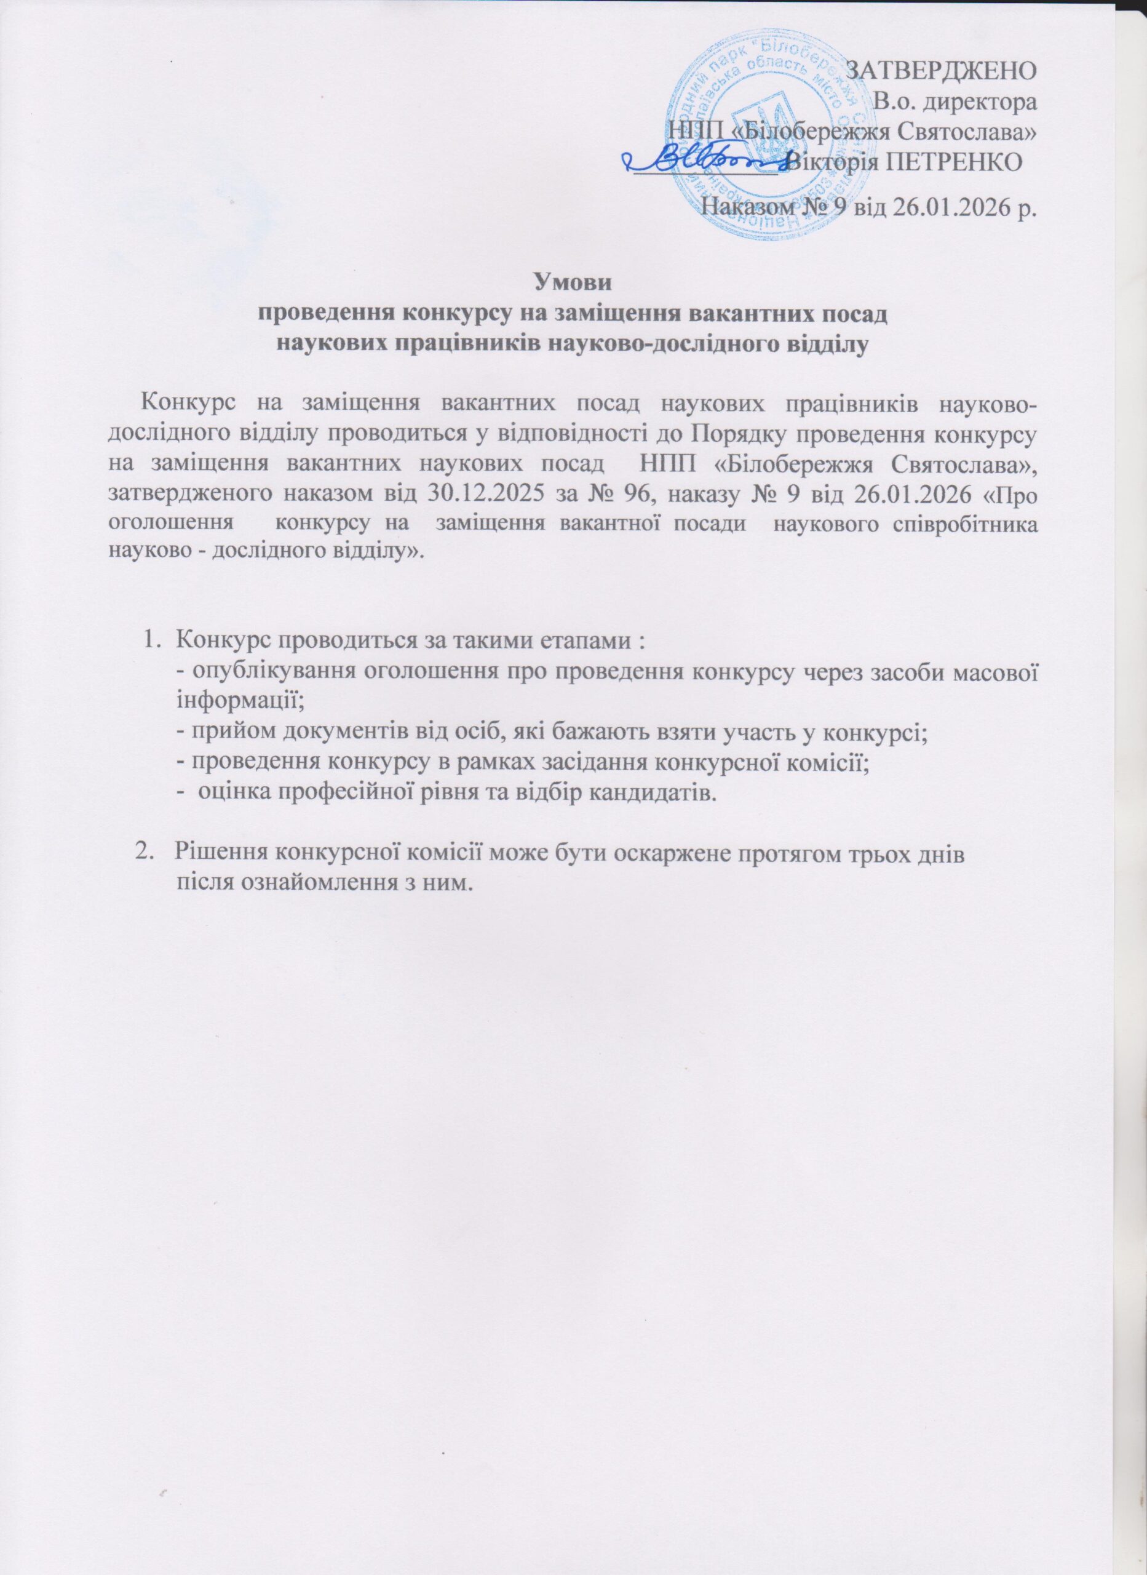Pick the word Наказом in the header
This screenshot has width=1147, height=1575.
click(753, 207)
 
